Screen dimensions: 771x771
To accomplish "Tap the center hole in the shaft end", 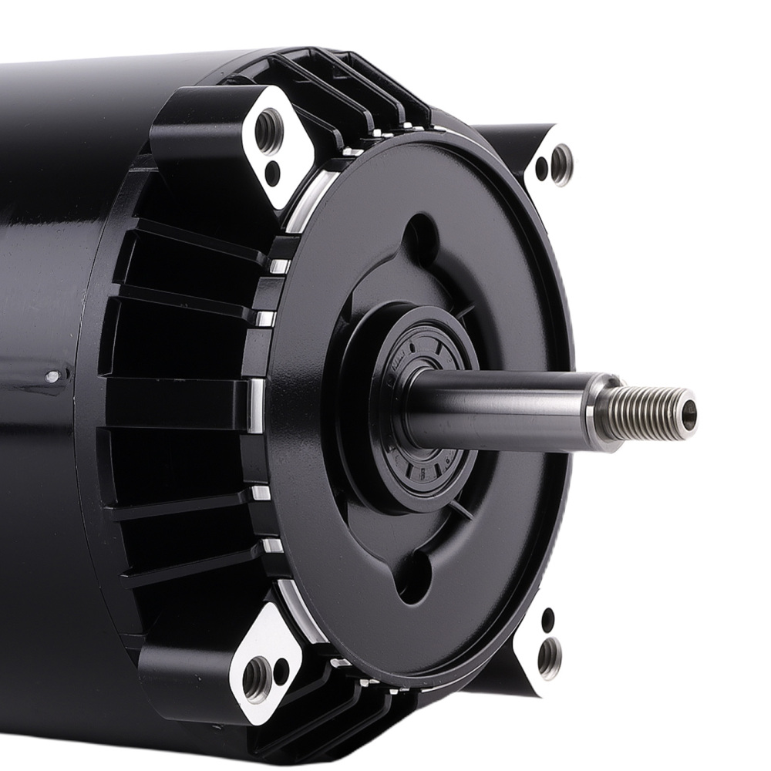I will coord(689,415).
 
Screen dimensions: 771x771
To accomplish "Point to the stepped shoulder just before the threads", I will coord(604,412).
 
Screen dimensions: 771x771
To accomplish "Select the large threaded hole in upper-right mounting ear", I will coord(561,163).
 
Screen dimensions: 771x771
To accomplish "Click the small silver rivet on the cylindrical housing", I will coord(52,377).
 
